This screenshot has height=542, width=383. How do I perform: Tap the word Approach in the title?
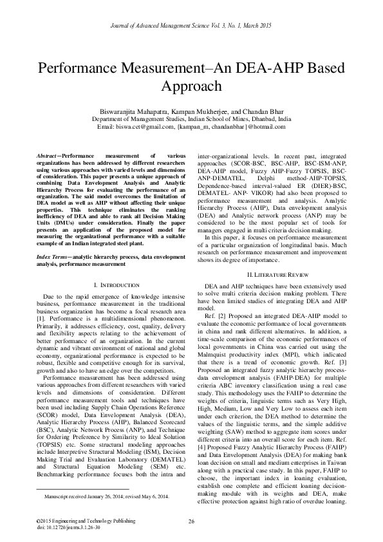191,86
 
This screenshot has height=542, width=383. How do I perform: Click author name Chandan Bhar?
265,111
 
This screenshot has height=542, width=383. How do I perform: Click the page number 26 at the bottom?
191,521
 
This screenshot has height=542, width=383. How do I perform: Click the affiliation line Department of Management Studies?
191,119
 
